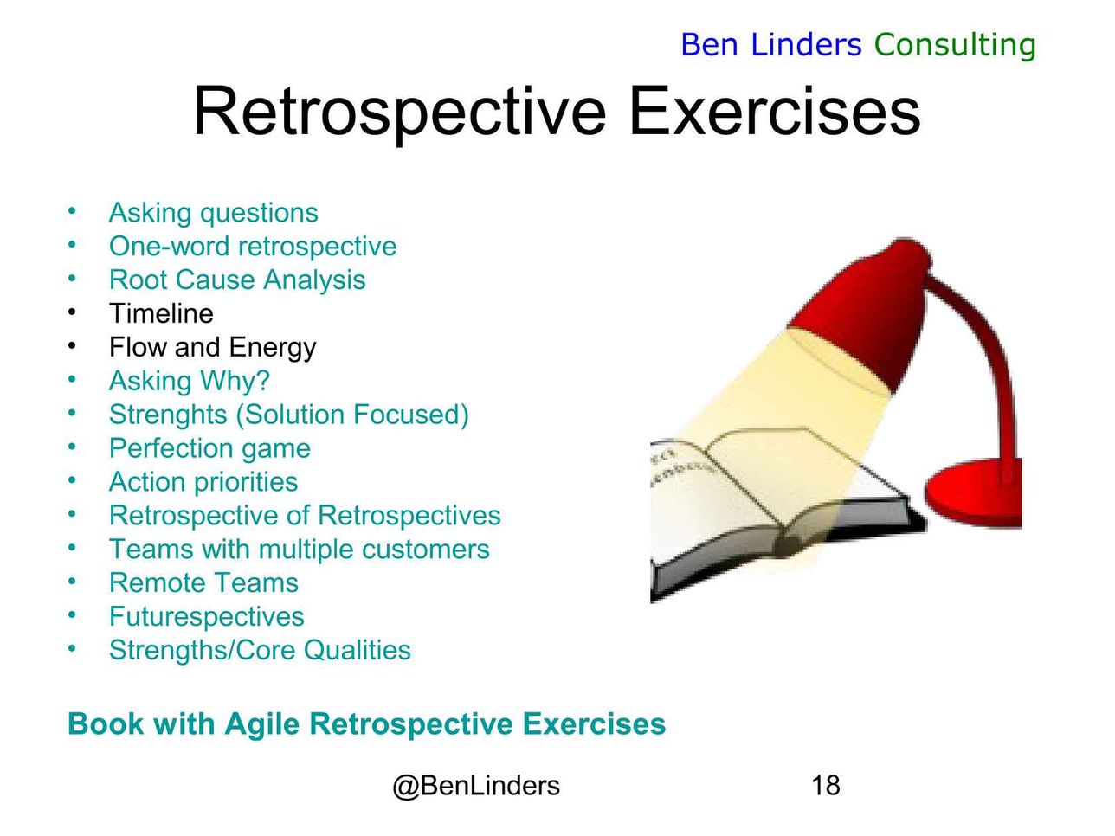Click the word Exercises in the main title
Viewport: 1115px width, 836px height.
774,111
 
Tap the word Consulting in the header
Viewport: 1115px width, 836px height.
955,46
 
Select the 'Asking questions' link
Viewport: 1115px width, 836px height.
213,213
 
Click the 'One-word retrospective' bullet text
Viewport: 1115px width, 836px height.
253,247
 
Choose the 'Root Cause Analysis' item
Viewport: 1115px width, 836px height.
237,280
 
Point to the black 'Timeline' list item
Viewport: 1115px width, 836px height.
161,313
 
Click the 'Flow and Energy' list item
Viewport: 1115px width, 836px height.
212,348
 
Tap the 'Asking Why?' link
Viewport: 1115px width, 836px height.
189,381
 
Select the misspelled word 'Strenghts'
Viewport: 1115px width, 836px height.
168,415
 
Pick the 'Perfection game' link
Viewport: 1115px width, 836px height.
209,448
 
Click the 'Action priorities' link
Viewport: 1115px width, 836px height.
203,482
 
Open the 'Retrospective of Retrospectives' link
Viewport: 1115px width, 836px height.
305,516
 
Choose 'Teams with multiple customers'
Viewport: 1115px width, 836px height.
300,550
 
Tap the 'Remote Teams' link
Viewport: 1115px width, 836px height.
203,582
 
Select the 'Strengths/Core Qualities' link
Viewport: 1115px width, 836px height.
260,650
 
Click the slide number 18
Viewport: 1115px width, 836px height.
826,786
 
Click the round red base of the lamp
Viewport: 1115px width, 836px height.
973,494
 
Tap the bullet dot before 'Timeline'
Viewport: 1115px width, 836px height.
72,312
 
